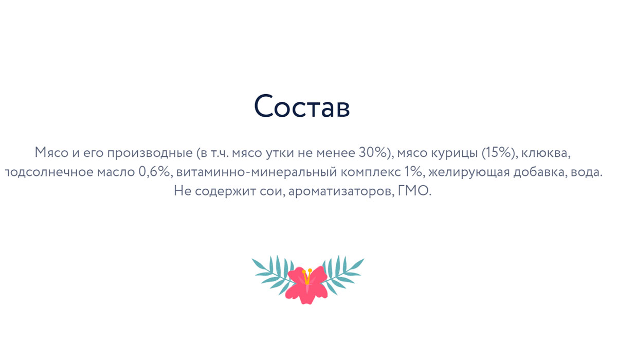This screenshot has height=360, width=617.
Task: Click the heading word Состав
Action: pos(302,106)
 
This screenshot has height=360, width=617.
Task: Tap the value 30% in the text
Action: pos(373,152)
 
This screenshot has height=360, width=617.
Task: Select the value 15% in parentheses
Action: pos(498,152)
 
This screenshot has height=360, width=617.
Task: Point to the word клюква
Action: pos(546,153)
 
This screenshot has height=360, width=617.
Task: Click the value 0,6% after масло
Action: pos(154,172)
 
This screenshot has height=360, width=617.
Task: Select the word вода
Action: pos(587,172)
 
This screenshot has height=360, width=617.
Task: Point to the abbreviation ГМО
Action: pos(414,191)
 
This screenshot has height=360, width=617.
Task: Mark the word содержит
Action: pos(226,191)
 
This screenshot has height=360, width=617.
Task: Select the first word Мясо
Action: pos(51,152)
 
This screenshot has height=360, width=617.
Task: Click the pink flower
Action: pos(306,285)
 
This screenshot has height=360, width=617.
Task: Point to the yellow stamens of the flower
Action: pos(307,276)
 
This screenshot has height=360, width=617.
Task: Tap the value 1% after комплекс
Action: pos(413,172)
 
